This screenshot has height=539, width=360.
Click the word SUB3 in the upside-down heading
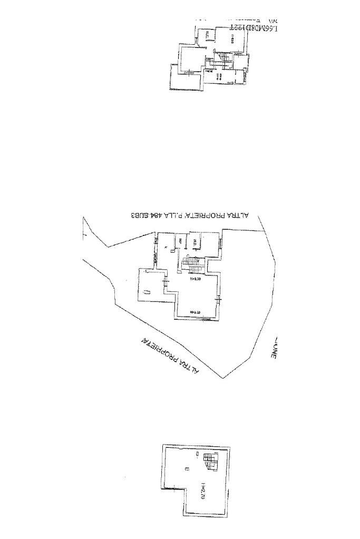138,215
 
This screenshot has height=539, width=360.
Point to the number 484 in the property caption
157,215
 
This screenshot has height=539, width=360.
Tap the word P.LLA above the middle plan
173,215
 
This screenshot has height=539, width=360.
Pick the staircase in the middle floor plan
190,262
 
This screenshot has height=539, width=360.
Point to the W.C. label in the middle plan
195,242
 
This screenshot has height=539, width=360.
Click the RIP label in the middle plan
181,241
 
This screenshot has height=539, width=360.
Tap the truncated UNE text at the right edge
274,350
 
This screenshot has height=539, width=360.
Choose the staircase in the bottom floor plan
209,462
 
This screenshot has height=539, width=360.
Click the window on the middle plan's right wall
219,300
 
